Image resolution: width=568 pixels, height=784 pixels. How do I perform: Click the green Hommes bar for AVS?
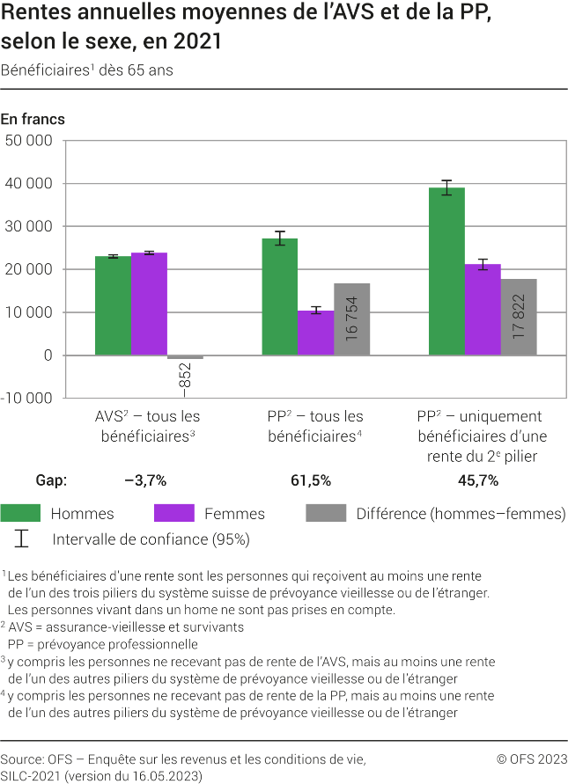(113, 305)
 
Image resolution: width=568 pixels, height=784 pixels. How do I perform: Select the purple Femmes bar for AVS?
(149, 304)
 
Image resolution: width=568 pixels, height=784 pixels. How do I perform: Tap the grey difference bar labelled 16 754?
(351, 319)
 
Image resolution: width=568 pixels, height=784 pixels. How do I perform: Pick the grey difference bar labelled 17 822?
(519, 317)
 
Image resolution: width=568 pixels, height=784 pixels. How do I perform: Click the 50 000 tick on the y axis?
(29, 141)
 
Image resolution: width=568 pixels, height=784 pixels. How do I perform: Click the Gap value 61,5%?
(310, 480)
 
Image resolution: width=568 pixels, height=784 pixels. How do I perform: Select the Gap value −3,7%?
(145, 480)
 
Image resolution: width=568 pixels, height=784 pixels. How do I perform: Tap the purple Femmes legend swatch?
(173, 513)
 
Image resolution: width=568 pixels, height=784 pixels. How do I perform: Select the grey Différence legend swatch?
(326, 513)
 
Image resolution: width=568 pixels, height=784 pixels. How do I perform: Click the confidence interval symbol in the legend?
(22, 538)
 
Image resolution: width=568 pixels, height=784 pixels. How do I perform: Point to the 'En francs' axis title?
(33, 120)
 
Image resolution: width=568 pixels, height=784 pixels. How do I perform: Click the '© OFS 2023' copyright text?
(532, 758)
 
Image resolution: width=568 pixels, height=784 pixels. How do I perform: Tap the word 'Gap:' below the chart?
(51, 480)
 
